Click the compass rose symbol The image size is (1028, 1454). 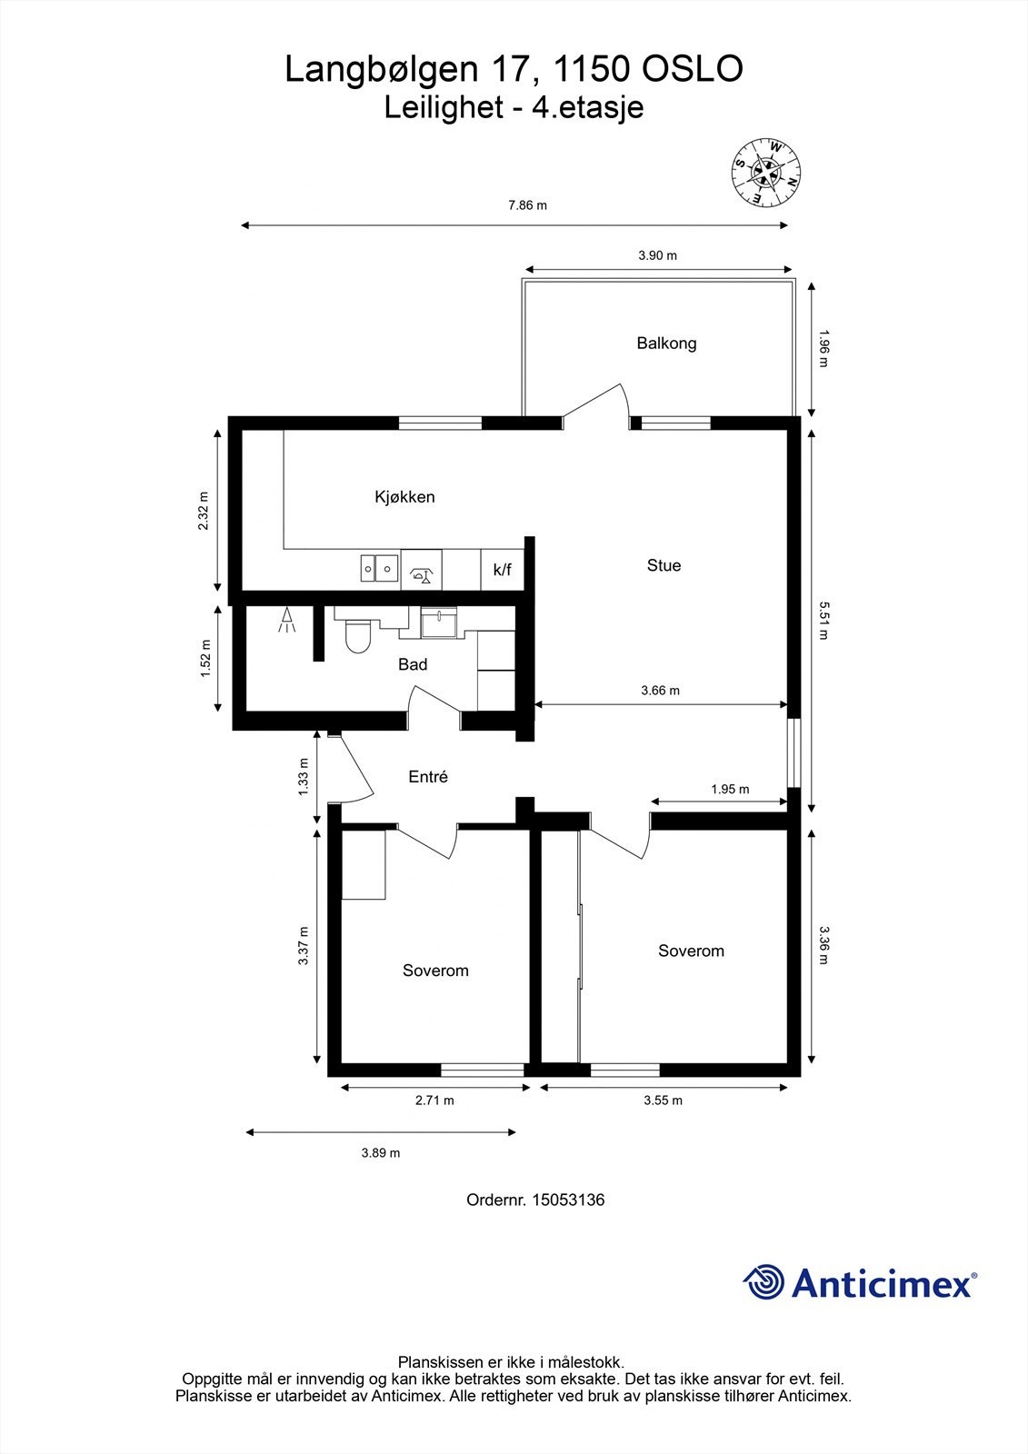point(767,173)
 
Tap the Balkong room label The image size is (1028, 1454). point(666,344)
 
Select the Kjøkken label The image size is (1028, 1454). point(404,497)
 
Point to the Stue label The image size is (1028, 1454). point(664,565)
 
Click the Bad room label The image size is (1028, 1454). point(413,664)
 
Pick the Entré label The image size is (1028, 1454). point(428,777)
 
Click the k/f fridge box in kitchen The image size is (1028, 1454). point(502,571)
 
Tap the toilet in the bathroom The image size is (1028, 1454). point(359,636)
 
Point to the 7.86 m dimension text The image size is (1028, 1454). point(527,205)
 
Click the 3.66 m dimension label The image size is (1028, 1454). point(660,691)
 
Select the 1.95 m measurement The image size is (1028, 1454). point(730,790)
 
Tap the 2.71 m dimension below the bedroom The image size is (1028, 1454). point(434,1100)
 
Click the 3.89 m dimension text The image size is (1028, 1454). point(381,1153)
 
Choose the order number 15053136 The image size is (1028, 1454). point(567,1200)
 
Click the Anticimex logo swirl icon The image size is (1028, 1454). point(764,1282)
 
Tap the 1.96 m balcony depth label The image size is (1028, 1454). point(823,348)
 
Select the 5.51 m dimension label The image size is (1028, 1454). point(823,620)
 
